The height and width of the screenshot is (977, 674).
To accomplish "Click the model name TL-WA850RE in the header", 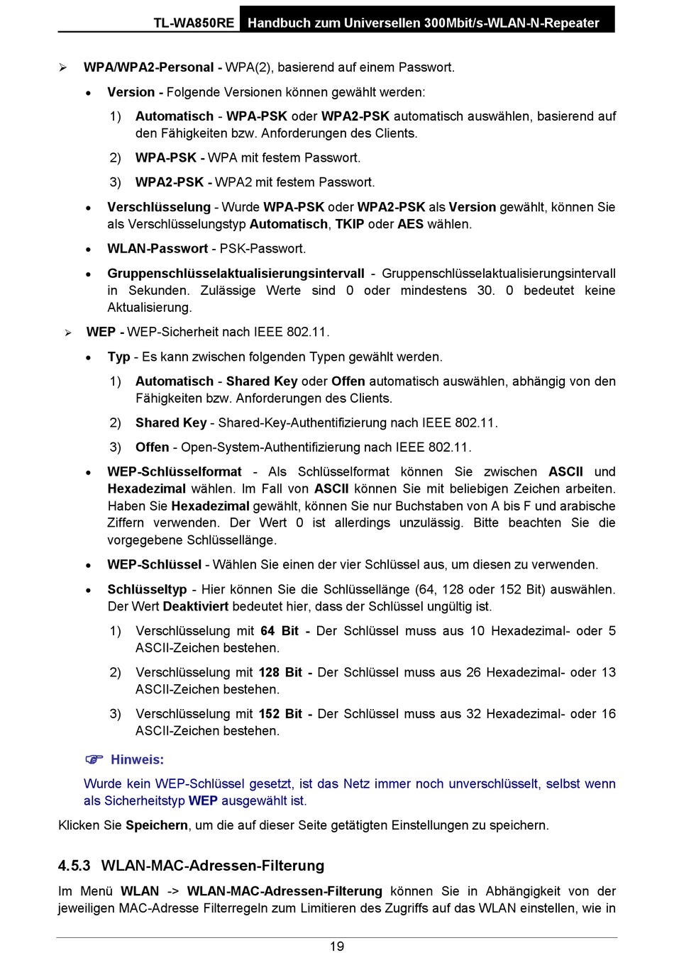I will click(x=194, y=23).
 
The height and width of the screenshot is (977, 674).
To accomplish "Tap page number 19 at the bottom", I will click(x=337, y=947).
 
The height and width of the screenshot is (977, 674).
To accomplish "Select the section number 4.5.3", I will click(x=74, y=866).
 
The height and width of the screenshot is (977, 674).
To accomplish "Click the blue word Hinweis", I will click(x=137, y=759).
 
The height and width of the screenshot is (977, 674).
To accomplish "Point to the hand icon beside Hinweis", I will click(x=94, y=759).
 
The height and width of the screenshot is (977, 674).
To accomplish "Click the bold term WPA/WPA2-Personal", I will click(x=148, y=67).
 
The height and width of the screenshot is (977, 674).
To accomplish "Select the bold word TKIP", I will click(x=350, y=224).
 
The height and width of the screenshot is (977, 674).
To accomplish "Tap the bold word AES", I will click(x=410, y=224).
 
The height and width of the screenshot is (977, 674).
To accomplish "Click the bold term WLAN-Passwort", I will click(x=158, y=249).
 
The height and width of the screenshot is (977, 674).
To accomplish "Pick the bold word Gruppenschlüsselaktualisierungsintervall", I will click(x=236, y=274).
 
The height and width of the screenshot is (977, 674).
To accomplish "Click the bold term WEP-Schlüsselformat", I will click(x=175, y=471).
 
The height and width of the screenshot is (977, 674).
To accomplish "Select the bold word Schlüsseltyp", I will click(x=147, y=589).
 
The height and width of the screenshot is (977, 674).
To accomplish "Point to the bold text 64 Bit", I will click(x=280, y=631).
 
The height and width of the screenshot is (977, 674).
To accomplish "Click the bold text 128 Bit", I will click(x=280, y=672).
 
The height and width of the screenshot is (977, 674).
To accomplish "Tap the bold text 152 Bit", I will click(x=280, y=714).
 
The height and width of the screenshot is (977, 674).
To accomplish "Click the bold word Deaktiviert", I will click(x=196, y=606).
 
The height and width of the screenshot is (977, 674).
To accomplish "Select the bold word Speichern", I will click(x=157, y=825).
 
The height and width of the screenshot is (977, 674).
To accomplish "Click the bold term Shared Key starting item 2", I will click(x=171, y=423).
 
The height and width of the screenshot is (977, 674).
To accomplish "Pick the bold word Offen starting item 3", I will click(x=152, y=447).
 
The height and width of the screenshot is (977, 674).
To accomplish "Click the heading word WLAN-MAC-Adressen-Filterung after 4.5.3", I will click(x=213, y=866).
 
